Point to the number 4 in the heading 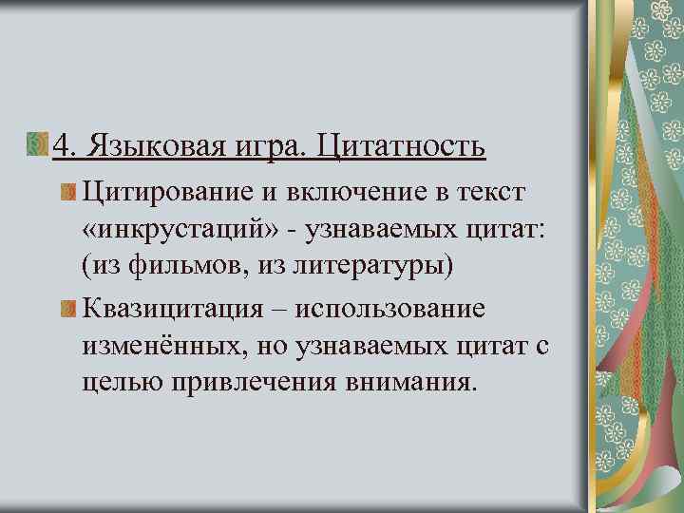coord(62,146)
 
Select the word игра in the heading coord(268,148)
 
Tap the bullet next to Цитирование coord(67,194)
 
